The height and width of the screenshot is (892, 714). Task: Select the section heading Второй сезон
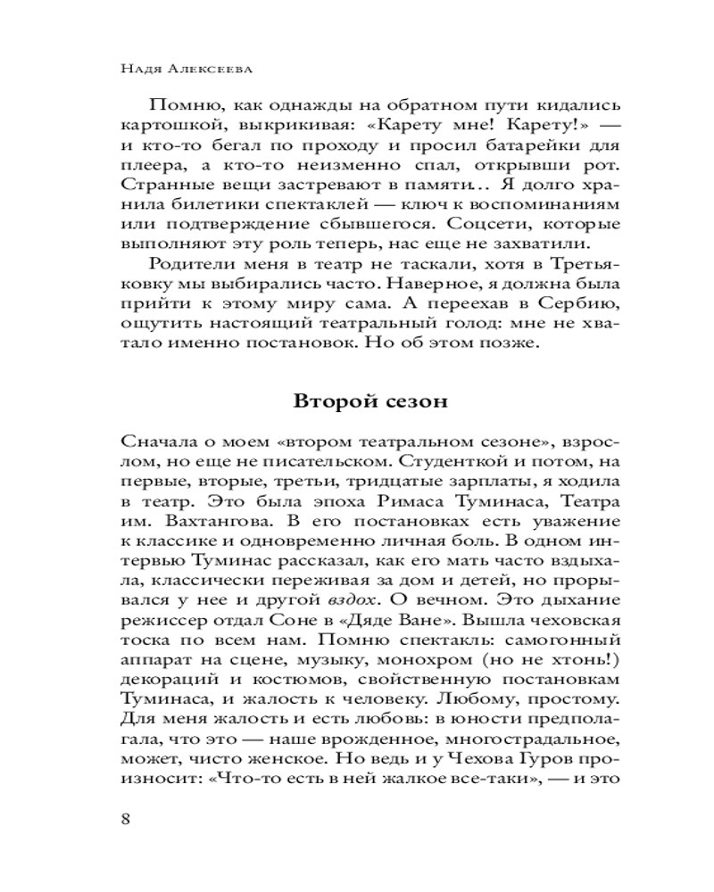[369, 400]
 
